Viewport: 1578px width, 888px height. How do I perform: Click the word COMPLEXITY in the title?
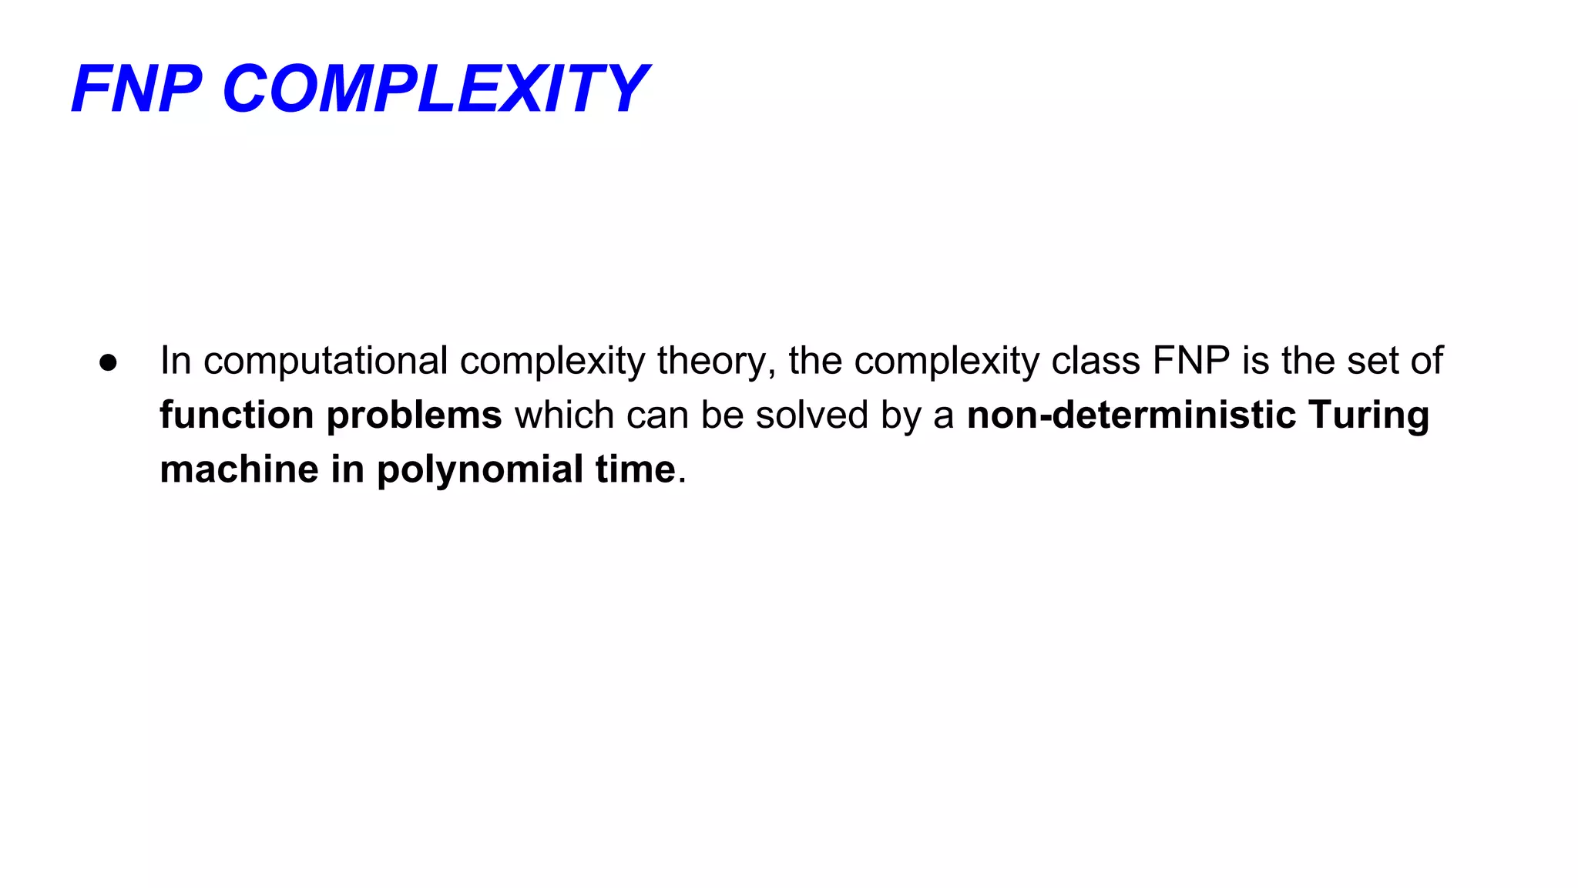point(435,89)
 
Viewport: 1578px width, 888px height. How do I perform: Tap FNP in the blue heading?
point(136,89)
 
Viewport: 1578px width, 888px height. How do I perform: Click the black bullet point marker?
point(108,362)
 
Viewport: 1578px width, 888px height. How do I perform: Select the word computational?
point(325,361)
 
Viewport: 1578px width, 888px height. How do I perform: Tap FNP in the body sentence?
point(1191,361)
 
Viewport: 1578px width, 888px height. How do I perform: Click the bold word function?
point(237,415)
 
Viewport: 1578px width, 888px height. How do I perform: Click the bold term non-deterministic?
point(1131,415)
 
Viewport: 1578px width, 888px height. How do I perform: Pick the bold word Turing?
point(1368,415)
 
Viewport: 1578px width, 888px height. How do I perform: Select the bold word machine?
point(239,469)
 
